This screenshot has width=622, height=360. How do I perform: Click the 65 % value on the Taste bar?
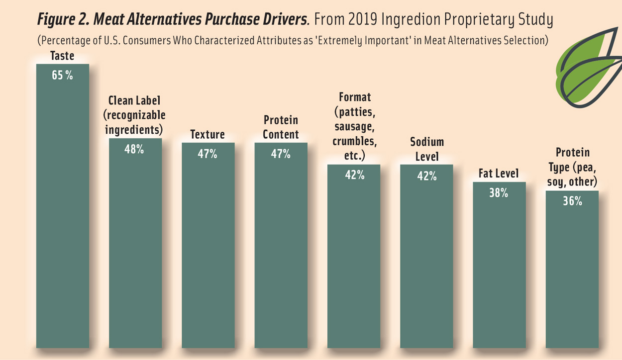click(62, 76)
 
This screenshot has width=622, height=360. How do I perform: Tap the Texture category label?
click(207, 135)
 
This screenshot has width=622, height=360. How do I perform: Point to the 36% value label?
click(572, 201)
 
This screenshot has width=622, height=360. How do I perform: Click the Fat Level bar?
click(499, 269)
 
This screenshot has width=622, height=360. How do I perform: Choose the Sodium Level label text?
click(426, 149)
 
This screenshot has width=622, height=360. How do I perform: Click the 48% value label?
click(134, 149)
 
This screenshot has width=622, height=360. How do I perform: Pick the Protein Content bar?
click(281, 249)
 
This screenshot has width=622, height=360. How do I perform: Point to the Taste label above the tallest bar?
click(62, 56)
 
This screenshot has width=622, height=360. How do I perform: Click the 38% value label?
click(499, 193)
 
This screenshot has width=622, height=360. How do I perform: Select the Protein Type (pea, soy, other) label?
click(572, 167)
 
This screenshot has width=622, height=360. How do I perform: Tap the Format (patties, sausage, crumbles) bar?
click(354, 259)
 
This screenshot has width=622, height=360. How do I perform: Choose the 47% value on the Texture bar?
click(207, 154)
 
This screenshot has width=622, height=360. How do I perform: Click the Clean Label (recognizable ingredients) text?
click(134, 115)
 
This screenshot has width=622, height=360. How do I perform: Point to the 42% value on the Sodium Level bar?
click(426, 176)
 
